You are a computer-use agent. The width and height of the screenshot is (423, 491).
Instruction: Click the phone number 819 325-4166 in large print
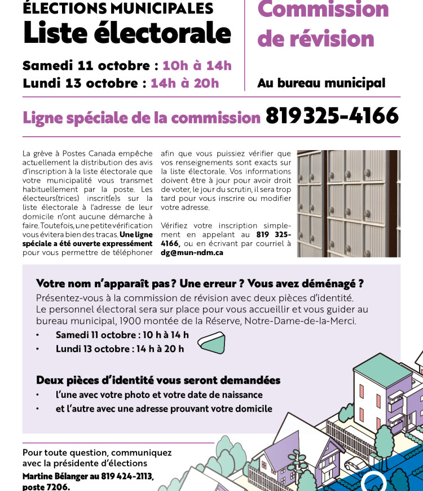pyautogui.click(x=332, y=116)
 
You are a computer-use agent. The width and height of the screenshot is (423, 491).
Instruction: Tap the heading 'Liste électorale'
pyautogui.click(x=127, y=33)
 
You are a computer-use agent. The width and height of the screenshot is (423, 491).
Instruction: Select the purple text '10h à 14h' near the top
pyautogui.click(x=197, y=65)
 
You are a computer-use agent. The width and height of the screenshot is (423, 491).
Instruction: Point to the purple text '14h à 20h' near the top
pyautogui.click(x=184, y=83)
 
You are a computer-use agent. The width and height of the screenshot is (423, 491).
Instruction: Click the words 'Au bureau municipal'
pyautogui.click(x=321, y=83)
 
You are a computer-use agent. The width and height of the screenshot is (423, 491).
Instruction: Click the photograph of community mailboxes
pyautogui.click(x=349, y=203)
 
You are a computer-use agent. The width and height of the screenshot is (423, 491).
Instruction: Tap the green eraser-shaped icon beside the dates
pyautogui.click(x=211, y=342)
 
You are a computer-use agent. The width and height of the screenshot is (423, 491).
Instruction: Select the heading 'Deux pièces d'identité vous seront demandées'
pyautogui.click(x=158, y=380)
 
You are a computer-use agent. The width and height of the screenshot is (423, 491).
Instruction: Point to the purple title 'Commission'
pyautogui.click(x=323, y=10)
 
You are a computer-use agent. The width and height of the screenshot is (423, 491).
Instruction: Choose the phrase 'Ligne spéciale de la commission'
pyautogui.click(x=141, y=117)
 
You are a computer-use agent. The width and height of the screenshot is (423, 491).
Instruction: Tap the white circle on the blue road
pyautogui.click(x=373, y=483)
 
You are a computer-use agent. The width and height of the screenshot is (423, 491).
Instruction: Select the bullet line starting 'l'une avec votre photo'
pyautogui.click(x=159, y=394)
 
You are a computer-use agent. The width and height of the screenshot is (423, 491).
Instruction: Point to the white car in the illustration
pyautogui.click(x=356, y=464)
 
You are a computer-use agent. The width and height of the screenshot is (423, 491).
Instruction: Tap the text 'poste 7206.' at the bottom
pyautogui.click(x=46, y=486)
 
